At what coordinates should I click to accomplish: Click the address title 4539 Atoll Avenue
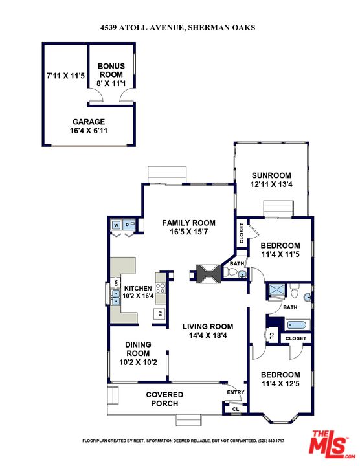click(180, 27)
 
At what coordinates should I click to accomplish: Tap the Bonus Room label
click(111, 70)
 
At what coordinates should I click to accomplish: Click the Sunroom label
click(271, 175)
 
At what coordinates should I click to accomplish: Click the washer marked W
click(117, 225)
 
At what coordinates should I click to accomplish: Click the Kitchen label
click(137, 288)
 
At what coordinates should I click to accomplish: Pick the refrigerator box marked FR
click(158, 314)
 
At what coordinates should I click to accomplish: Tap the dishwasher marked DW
click(116, 283)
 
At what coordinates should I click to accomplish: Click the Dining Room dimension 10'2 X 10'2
click(138, 362)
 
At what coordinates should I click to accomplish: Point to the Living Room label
click(207, 327)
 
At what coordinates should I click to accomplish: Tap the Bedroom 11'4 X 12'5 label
click(280, 379)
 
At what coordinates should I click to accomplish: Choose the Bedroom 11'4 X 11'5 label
click(280, 250)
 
